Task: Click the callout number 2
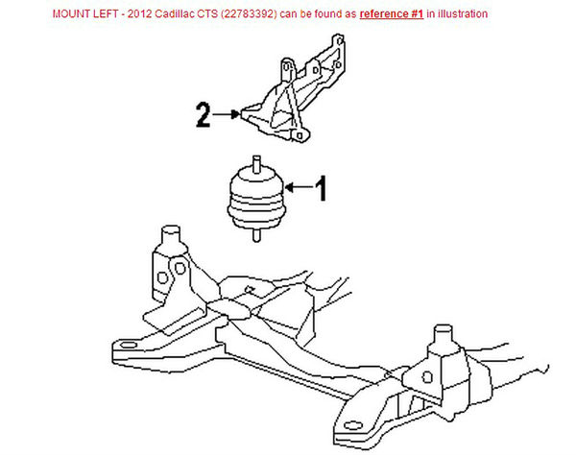203,117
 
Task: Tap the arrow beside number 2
227,115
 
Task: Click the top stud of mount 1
256,161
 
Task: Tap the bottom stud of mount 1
256,235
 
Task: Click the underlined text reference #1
394,14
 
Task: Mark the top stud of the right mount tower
444,335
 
